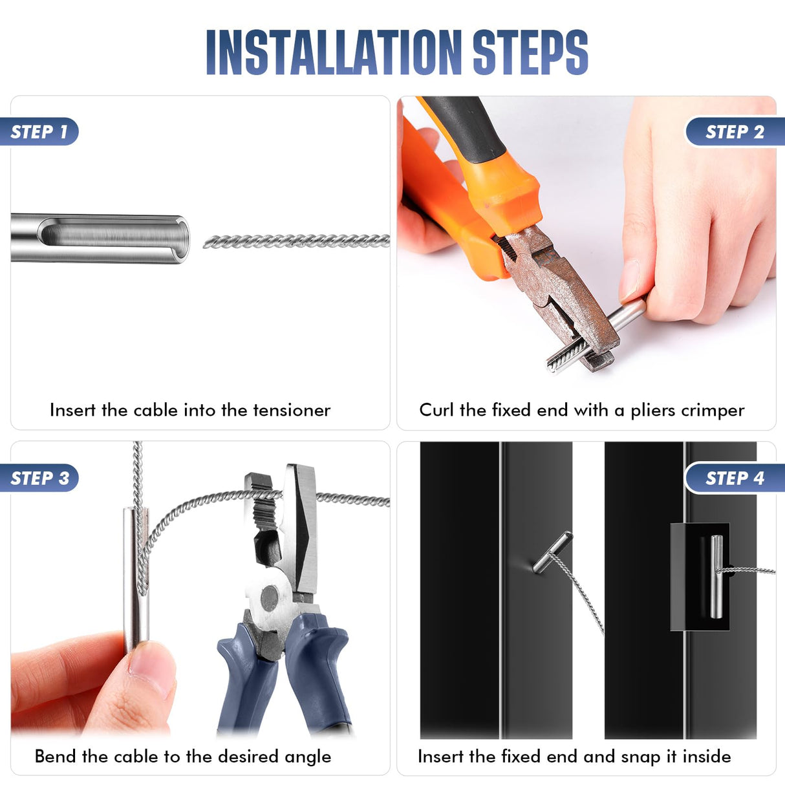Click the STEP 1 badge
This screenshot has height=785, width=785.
39,132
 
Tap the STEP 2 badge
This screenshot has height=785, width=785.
735,132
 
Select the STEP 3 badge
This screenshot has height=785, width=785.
39,479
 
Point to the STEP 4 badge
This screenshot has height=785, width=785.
735,479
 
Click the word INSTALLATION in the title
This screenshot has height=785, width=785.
334,52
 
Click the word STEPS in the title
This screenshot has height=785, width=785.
530,52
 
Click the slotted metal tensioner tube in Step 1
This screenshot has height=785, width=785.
100,238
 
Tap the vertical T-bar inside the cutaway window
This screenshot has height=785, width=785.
716,575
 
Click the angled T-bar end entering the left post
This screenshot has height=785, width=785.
552,553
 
